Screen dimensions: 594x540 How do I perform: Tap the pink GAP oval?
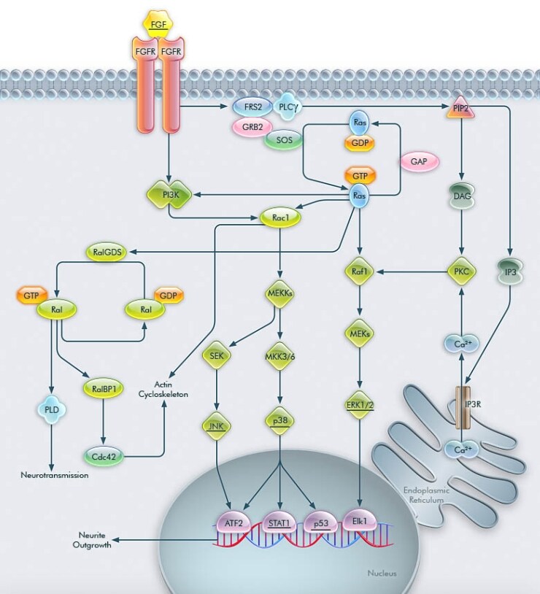pos(419,162)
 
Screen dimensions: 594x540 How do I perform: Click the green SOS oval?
pos(283,140)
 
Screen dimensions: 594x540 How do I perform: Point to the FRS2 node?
pos(253,107)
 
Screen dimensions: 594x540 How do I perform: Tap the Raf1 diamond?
pos(358,271)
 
